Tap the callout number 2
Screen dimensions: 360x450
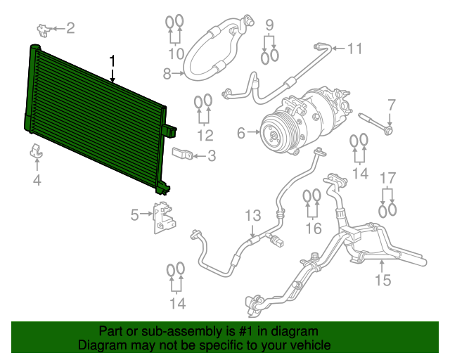click(70, 28)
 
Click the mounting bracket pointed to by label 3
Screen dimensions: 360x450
click(182, 154)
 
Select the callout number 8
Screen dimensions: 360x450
click(167, 72)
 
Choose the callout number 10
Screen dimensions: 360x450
click(176, 53)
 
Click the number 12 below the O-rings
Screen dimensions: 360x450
click(205, 135)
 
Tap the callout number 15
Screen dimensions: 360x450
click(382, 281)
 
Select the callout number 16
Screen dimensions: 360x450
click(313, 228)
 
